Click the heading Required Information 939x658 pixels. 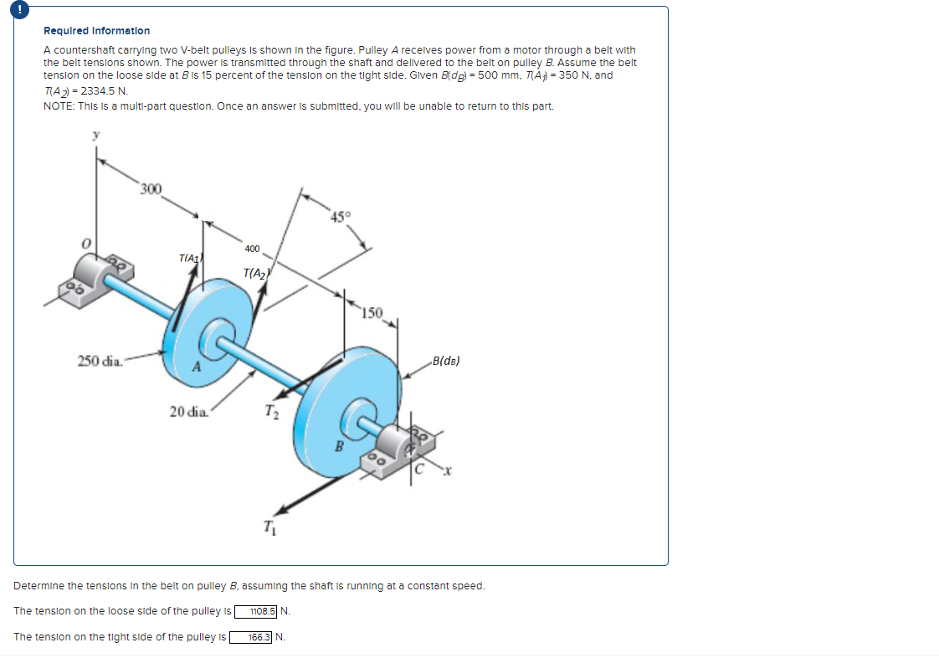coord(96,31)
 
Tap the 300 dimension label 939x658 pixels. coord(151,188)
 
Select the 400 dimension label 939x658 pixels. coord(252,249)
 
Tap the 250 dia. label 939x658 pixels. coord(100,361)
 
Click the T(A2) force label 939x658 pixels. coord(254,274)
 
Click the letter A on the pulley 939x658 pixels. coord(197,365)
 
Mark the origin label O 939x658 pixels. coord(84,242)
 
